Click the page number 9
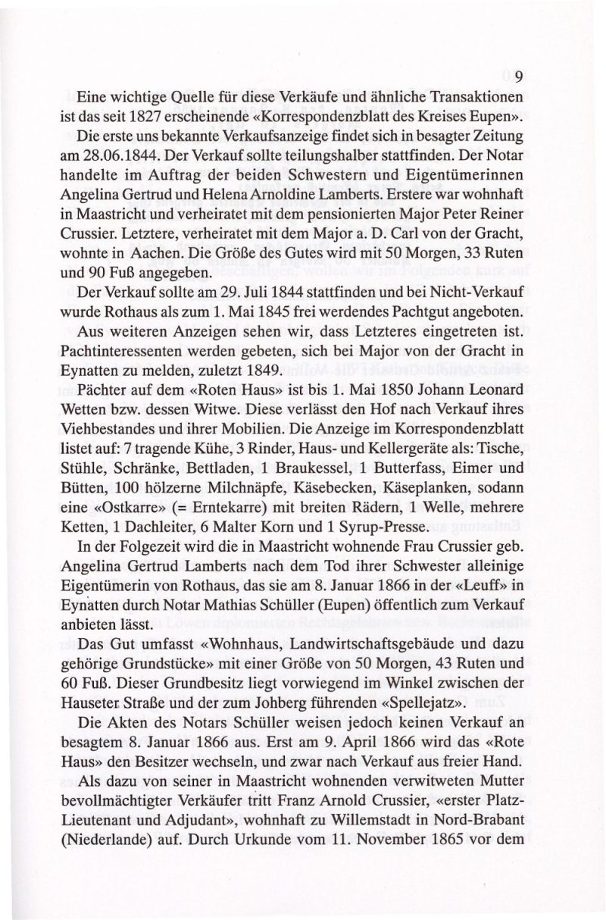pos(520,77)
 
